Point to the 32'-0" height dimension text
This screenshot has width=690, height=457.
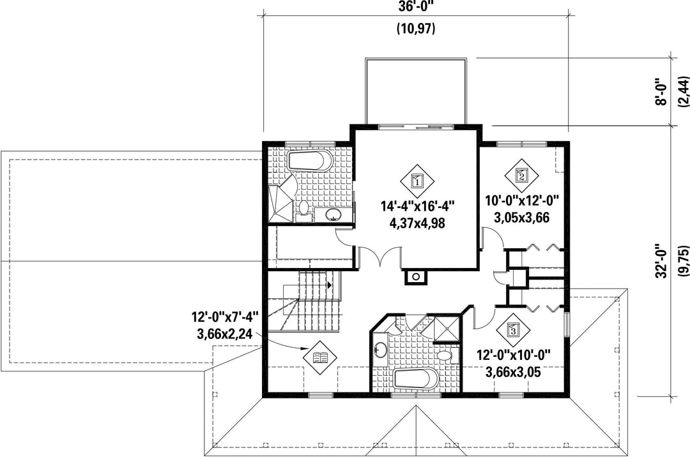661,261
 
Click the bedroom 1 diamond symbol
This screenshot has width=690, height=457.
417,181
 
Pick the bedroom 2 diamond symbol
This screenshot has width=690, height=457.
521,176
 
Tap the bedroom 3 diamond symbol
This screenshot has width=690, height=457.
513,329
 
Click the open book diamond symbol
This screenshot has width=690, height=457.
320,357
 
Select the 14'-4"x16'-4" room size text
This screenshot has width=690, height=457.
417,206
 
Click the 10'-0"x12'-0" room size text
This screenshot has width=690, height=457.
522,201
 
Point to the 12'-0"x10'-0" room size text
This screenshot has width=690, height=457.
513,355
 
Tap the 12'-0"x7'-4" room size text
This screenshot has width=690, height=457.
224,317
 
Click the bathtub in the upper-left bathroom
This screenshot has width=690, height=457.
310,160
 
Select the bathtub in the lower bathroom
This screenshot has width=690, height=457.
416,378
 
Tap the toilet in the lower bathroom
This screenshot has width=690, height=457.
447,356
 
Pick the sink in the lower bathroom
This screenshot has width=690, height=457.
380,350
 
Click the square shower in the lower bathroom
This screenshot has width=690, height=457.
445,329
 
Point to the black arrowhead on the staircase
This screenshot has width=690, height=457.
329,285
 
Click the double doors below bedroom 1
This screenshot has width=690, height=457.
380,256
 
